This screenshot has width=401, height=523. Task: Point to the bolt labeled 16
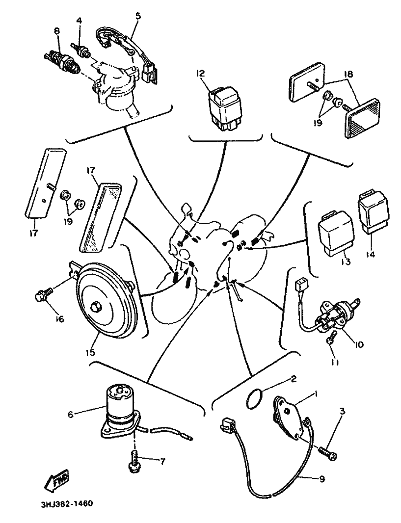point(41,296)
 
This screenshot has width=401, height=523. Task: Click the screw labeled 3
point(328,453)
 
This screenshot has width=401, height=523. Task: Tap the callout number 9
point(322,479)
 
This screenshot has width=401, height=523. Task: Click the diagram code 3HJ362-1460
point(64,504)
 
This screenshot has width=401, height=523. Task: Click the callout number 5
point(138,15)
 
